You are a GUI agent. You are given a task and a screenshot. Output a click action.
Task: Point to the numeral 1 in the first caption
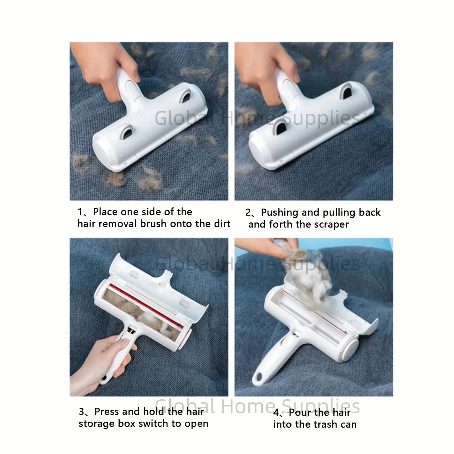click(80, 212)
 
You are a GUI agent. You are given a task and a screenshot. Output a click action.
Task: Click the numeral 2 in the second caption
click(248, 213)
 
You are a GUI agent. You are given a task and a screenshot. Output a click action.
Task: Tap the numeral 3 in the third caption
click(82, 412)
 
